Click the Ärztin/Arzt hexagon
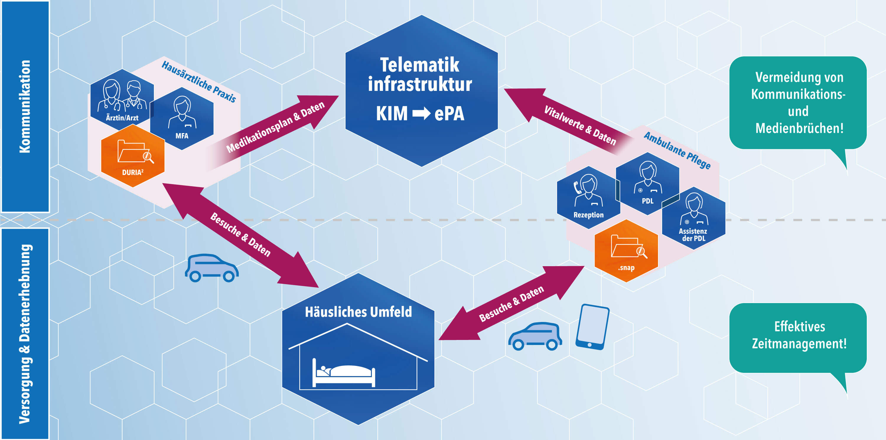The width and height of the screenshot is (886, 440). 122,99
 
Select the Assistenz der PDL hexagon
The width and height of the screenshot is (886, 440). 693,218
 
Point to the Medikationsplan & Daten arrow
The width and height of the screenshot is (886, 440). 275,127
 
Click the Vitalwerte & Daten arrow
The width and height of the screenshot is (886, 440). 571,120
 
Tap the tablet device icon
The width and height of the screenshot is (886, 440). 592,327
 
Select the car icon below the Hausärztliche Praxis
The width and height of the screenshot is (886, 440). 211,268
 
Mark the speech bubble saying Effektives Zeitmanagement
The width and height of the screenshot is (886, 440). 798,337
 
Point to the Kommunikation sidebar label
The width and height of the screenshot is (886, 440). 25,107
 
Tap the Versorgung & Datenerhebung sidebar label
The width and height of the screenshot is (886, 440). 25,333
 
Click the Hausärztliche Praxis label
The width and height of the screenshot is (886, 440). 199,82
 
